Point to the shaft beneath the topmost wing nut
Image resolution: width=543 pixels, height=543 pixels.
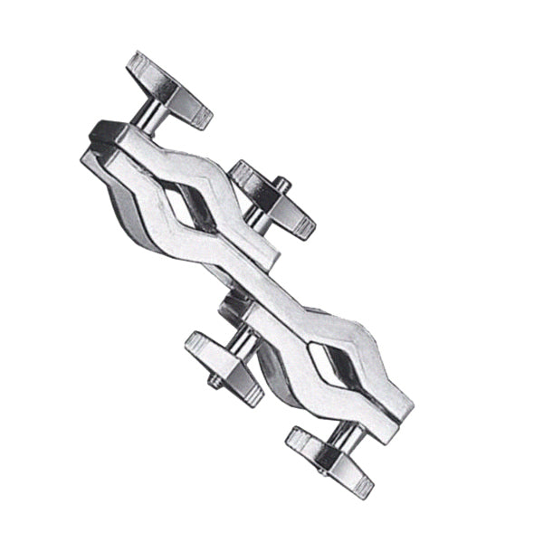point(149,117)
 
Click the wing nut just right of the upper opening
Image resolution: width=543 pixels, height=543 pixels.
point(274,198)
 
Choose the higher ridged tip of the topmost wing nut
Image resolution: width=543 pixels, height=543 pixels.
point(141,64)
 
